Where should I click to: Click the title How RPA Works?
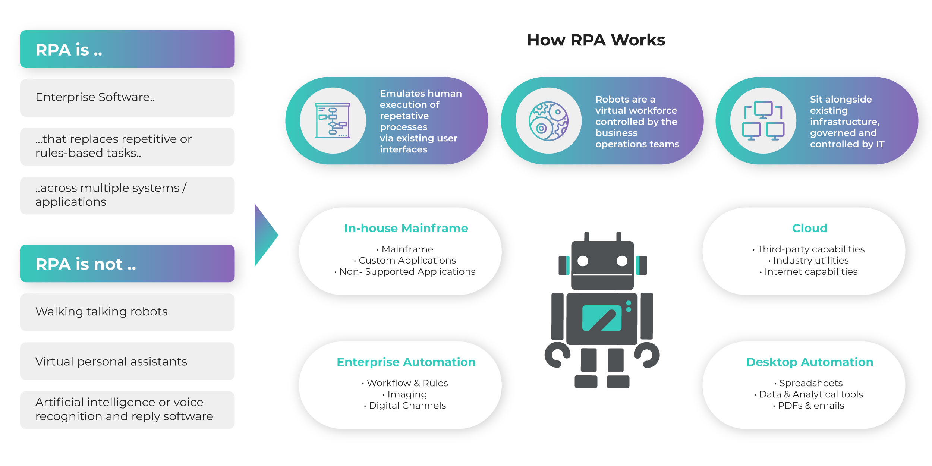point(596,40)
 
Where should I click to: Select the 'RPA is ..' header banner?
point(127,49)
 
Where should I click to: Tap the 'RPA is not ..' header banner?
point(127,264)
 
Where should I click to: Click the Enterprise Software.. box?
point(127,98)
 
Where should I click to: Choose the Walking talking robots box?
point(127,312)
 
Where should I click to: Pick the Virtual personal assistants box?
point(127,361)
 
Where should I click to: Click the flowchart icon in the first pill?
point(333,121)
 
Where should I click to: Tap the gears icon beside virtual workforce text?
point(548,121)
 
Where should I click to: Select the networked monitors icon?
point(763,121)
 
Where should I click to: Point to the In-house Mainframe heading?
point(406,228)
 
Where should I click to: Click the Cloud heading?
point(809,228)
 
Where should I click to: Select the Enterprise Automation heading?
point(406,362)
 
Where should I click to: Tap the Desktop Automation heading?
point(809,362)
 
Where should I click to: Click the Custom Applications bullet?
point(407,260)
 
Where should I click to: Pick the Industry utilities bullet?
point(810,260)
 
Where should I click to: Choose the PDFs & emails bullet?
point(810,406)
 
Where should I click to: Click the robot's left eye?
point(583,261)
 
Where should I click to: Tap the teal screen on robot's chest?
point(602,318)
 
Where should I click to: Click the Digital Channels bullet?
point(407,406)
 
